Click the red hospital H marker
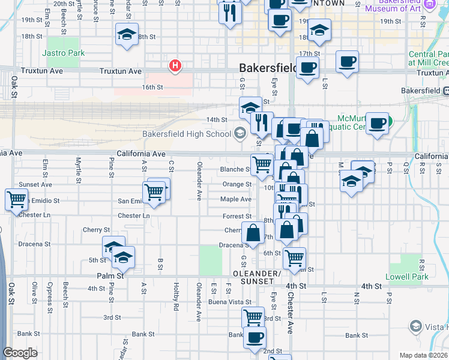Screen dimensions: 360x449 (x=175, y=65)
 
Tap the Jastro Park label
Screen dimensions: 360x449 (x=64, y=53)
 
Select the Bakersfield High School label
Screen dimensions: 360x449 (x=186, y=133)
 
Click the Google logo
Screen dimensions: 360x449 (x=20, y=353)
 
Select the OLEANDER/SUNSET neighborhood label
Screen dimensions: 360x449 (x=261, y=277)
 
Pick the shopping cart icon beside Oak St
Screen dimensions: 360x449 (x=16, y=199)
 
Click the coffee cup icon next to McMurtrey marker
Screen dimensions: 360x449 (x=377, y=123)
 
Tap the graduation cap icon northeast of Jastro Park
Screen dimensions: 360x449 (x=127, y=34)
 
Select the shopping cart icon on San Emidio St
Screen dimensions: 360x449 (x=154, y=192)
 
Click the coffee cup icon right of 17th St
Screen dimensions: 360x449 (x=348, y=61)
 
